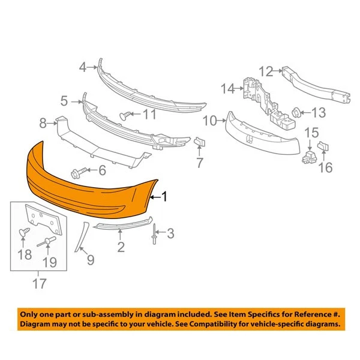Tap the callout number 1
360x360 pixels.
click(165, 196)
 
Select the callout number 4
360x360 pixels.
click(83, 67)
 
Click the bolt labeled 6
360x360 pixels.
click(79, 172)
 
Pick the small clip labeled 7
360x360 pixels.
click(200, 142)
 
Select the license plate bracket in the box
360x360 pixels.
click(45, 221)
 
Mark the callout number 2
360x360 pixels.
click(121, 246)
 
